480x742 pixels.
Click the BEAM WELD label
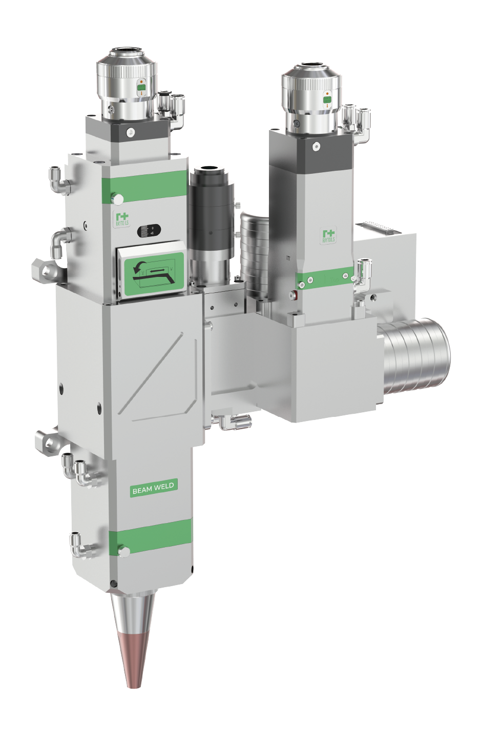pyautogui.click(x=153, y=488)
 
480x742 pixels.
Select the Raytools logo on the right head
pyautogui.click(x=328, y=236)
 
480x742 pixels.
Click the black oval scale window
pyautogui.click(x=149, y=231)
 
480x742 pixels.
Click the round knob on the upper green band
pyautogui.click(x=118, y=199)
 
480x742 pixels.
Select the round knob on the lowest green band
pyautogui.click(x=123, y=551)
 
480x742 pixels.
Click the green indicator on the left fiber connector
pyautogui.click(x=141, y=88)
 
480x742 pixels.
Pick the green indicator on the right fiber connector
pyautogui.click(x=327, y=99)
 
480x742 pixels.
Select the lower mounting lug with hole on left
pyautogui.click(x=47, y=440)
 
